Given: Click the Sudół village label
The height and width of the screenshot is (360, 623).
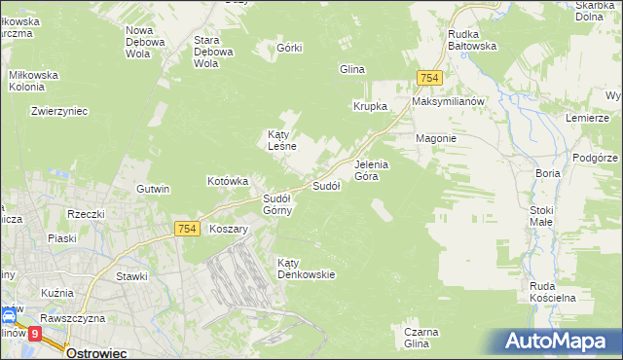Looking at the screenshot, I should click(x=325, y=186).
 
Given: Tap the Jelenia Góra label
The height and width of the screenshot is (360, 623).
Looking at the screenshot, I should click(x=371, y=170).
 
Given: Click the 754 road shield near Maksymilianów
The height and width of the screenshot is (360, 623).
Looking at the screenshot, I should click(x=428, y=78).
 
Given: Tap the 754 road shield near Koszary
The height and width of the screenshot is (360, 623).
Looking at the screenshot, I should click(x=188, y=228).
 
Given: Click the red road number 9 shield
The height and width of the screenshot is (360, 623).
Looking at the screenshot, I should click(x=35, y=333).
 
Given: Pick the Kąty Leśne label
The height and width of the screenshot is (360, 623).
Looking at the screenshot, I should click(x=281, y=140).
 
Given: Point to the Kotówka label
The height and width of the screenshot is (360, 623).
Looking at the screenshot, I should click(x=229, y=181).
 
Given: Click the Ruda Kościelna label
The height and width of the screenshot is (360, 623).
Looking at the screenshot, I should click(x=554, y=291).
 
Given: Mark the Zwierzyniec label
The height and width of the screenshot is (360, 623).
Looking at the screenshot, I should click(x=59, y=111).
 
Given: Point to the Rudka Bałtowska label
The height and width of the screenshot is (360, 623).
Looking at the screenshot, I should click(x=472, y=39).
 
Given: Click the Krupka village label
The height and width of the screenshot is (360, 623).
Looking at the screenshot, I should click(x=371, y=106).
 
